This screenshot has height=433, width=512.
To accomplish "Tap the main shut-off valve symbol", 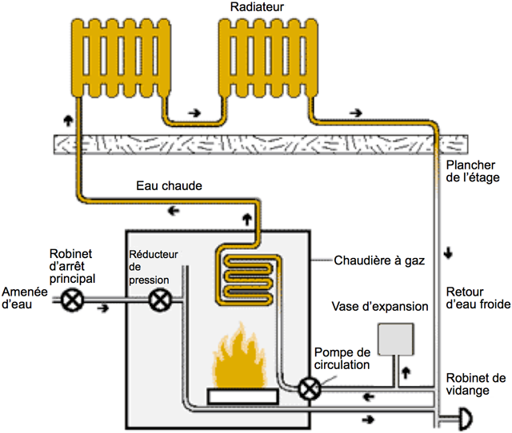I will point(74,301).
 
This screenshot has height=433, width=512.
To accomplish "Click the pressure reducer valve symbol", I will point(160,301).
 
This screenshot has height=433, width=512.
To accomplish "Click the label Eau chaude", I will point(168,185).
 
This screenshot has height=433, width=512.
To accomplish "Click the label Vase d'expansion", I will point(380,306).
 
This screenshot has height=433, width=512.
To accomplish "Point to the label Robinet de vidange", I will point(474,384).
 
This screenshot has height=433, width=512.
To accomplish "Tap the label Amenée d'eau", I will point(22,296).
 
